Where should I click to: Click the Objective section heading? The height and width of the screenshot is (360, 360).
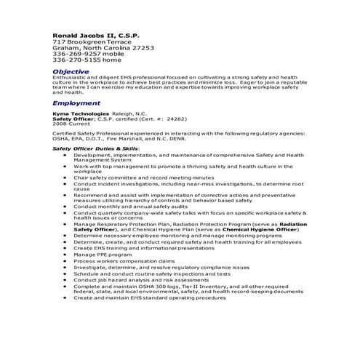[x=71, y=71]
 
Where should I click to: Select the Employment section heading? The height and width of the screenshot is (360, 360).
[x=76, y=103]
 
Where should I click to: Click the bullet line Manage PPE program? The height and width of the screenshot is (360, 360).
[x=102, y=255]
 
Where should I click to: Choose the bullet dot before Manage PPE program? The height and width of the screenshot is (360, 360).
[x=67, y=255]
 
